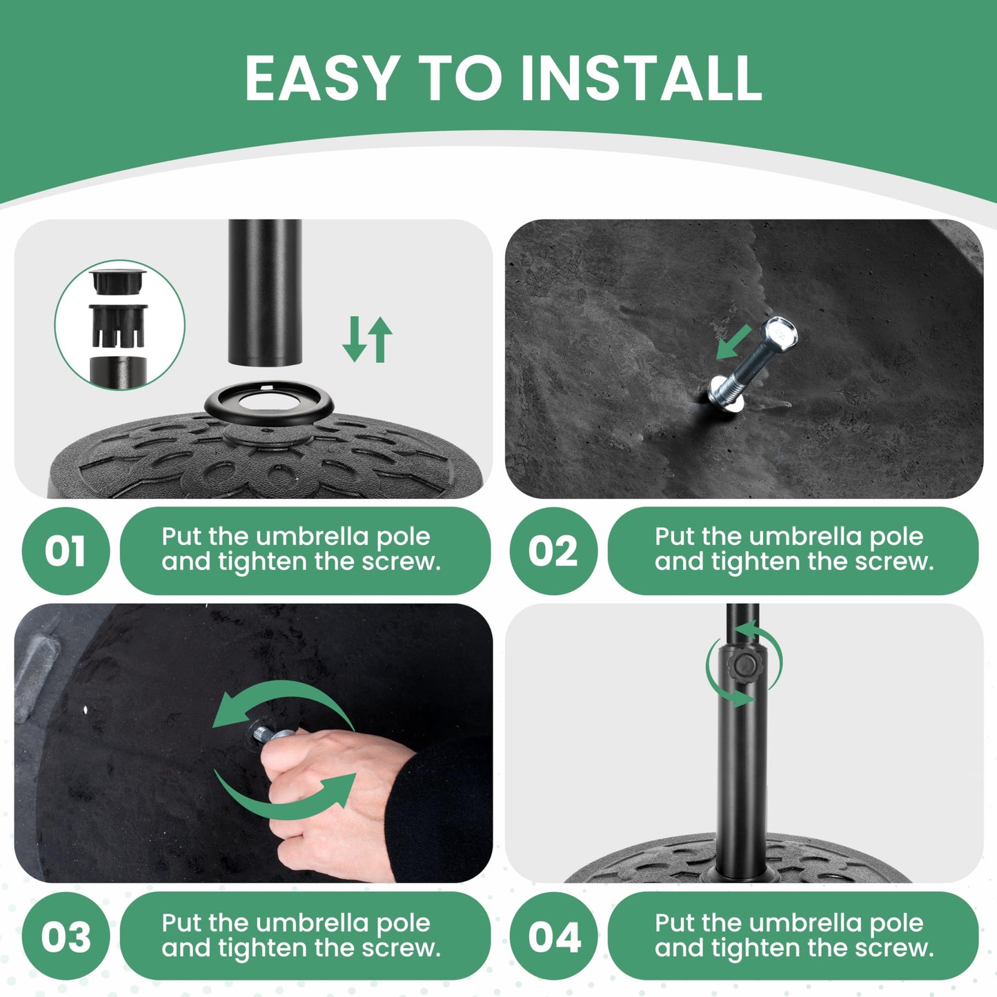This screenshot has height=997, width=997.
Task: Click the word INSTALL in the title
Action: point(641,77)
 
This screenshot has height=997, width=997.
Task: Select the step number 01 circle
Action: point(66,551)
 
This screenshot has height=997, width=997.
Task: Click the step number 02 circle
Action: point(553,551)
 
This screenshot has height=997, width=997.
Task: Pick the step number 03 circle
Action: point(66,936)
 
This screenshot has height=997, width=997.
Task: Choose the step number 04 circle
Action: point(553,936)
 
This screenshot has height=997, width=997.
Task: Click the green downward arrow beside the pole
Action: point(355,339)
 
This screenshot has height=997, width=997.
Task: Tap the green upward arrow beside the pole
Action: point(380,339)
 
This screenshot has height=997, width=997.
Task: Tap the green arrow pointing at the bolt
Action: point(733,342)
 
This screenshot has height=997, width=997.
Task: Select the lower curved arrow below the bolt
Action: point(284,804)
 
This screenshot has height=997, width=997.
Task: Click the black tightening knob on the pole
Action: point(744,668)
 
